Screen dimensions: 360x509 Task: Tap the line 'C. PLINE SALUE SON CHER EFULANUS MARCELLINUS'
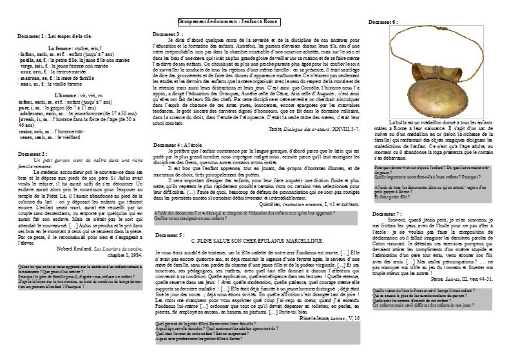pyautogui.click(x=254, y=240)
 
